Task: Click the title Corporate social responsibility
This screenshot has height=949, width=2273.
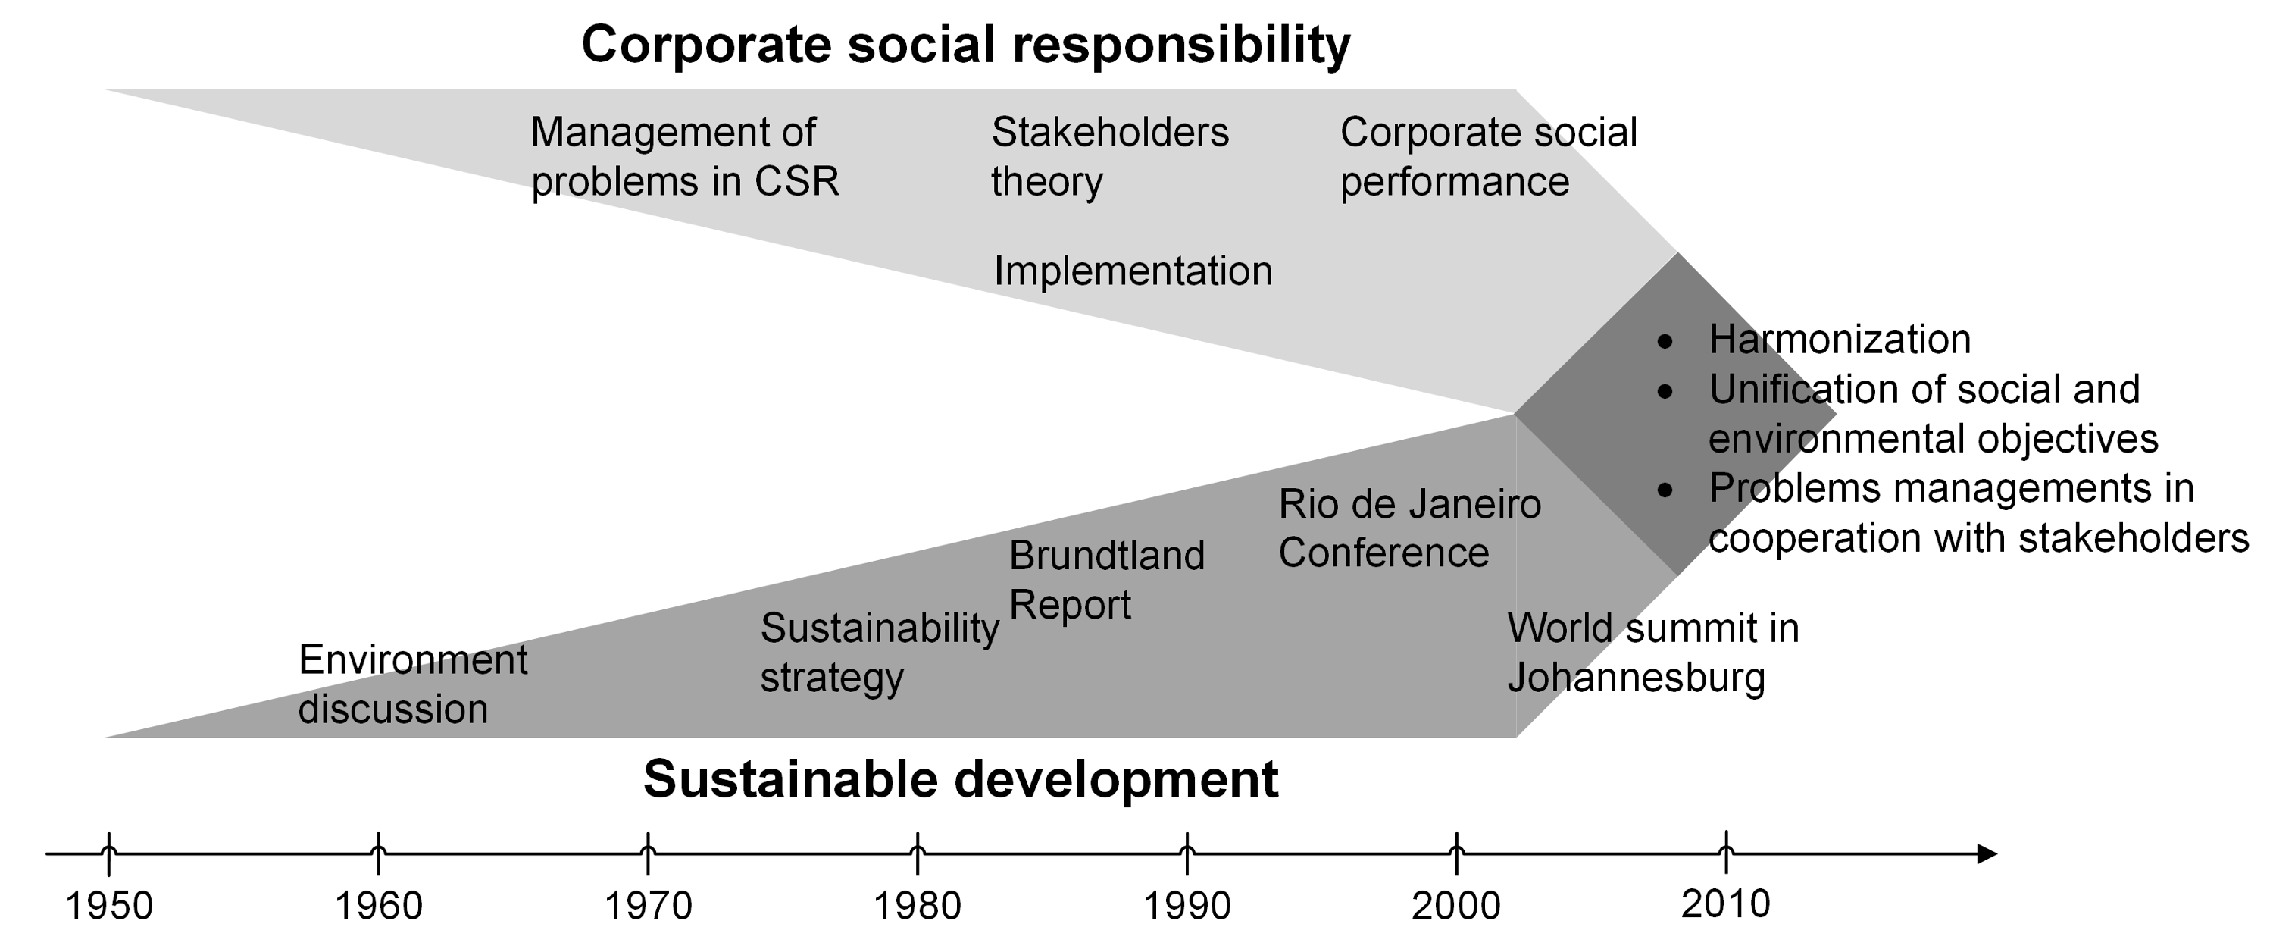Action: coord(965,44)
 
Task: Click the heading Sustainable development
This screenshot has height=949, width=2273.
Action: coord(960,779)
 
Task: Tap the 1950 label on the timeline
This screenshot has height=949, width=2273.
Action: coord(109,906)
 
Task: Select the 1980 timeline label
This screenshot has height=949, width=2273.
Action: coord(917,906)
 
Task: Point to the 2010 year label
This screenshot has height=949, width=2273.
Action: coord(1725,904)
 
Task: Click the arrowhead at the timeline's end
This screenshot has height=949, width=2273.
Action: coord(1985,853)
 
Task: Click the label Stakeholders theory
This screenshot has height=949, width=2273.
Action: coord(1109,157)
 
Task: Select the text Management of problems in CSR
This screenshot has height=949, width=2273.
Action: coord(684,157)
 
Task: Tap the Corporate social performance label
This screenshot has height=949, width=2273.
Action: coord(1488,157)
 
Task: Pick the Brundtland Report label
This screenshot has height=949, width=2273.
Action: coord(1105,580)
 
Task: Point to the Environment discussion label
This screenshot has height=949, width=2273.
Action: coord(412,684)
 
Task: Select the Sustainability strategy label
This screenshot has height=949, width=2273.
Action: coord(879,653)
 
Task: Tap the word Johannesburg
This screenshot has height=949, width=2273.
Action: coord(1635,678)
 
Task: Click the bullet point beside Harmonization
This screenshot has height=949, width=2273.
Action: coord(1664,342)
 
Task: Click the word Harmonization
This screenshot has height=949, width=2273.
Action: coord(1839,340)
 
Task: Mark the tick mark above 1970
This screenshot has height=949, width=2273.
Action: coord(648,853)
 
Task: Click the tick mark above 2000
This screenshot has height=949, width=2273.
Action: coord(1456,853)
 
